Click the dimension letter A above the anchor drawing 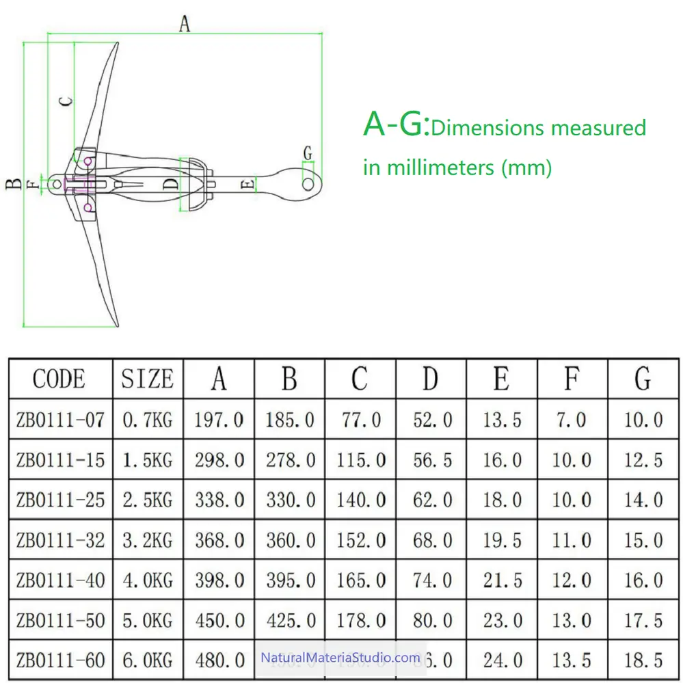(184, 24)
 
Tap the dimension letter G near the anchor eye (308, 152)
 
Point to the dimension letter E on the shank (249, 183)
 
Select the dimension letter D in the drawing (171, 183)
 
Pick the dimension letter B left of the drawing (12, 183)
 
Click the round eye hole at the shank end (308, 183)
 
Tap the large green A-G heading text (396, 124)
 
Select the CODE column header (59, 379)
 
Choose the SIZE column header (147, 379)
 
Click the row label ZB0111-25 (60, 500)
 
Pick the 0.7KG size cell (147, 419)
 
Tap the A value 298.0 (219, 459)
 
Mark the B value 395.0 (290, 580)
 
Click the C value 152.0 (361, 540)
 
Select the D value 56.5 (432, 459)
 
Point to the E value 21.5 (503, 580)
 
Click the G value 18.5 (643, 660)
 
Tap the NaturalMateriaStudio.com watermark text (340, 658)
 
